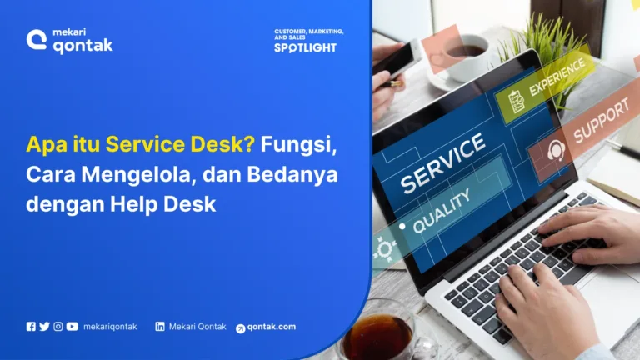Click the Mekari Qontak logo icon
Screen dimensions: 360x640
[x=36, y=39]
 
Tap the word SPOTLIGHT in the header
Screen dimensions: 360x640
[x=305, y=48]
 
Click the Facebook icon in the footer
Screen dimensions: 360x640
[x=31, y=327]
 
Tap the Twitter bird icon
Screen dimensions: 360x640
[x=44, y=327]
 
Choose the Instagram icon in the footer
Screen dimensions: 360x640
[x=57, y=327]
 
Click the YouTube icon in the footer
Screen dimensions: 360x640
[x=72, y=327]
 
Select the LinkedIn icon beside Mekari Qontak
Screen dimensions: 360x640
[x=159, y=327]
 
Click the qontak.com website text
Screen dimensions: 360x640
[x=271, y=327]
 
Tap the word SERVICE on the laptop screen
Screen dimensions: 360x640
[x=442, y=162]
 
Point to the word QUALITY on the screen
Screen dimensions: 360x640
[x=441, y=209]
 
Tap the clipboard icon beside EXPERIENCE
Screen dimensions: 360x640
[x=517, y=102]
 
